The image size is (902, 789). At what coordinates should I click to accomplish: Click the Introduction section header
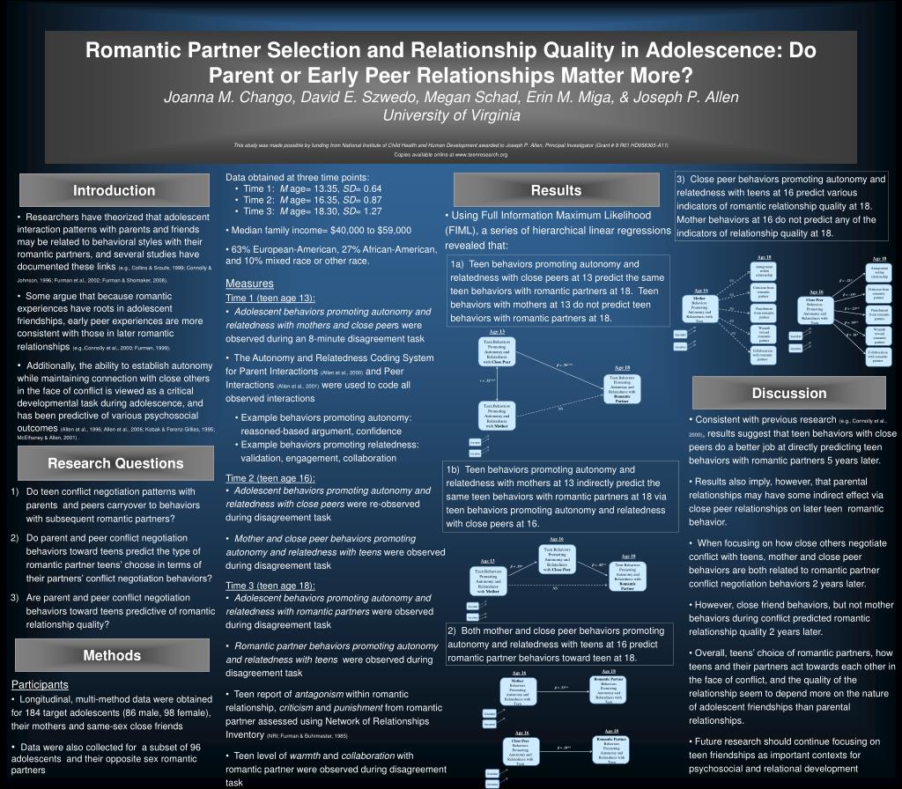pyautogui.click(x=114, y=191)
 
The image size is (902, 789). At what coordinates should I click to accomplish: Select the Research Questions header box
pyautogui.click(x=115, y=464)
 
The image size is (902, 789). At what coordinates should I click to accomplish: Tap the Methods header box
pyautogui.click(x=112, y=655)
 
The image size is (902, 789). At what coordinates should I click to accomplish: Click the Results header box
pyautogui.click(x=556, y=191)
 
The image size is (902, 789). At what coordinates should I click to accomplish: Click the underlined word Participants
pyautogui.click(x=40, y=684)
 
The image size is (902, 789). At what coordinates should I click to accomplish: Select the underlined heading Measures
pyautogui.click(x=249, y=284)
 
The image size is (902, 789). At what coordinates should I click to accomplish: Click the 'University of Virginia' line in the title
pyautogui.click(x=450, y=115)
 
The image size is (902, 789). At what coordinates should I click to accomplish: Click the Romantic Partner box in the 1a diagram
pyautogui.click(x=622, y=388)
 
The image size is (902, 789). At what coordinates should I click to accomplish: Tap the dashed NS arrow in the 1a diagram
pyautogui.click(x=560, y=409)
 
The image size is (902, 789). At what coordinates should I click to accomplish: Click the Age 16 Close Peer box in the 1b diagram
pyautogui.click(x=556, y=559)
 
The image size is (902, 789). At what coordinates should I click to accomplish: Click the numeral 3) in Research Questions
pyautogui.click(x=15, y=597)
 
